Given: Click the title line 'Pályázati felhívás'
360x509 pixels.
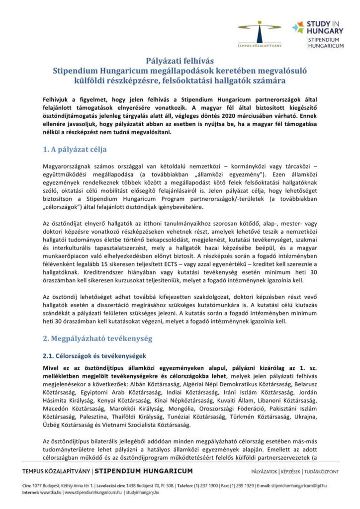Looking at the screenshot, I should pyautogui.click(x=180, y=62).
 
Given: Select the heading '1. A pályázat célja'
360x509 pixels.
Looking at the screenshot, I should pyautogui.click(x=74, y=149).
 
